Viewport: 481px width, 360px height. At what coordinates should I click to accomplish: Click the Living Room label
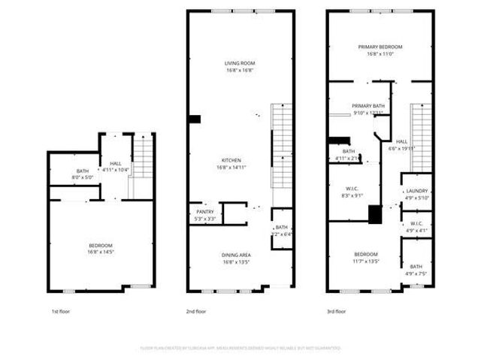(237, 62)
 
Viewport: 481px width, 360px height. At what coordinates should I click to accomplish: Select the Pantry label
(205, 212)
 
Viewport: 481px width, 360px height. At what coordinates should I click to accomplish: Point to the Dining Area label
(236, 254)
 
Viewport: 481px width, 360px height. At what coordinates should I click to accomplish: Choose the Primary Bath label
(368, 106)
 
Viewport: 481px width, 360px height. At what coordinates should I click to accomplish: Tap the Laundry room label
(416, 191)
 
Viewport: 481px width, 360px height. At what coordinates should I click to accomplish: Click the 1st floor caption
(60, 311)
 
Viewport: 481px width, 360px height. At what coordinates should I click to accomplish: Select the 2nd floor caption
(195, 311)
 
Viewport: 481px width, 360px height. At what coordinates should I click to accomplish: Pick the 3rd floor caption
(336, 311)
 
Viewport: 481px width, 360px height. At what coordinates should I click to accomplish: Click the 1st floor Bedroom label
(101, 246)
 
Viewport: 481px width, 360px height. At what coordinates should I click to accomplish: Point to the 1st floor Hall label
(116, 163)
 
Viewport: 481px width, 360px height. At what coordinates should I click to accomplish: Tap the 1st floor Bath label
(82, 171)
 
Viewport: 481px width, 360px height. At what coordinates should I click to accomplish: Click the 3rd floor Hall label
(401, 141)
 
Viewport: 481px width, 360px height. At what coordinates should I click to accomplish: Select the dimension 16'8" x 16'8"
(237, 70)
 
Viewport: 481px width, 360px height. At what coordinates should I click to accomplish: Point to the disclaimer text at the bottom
(240, 348)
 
